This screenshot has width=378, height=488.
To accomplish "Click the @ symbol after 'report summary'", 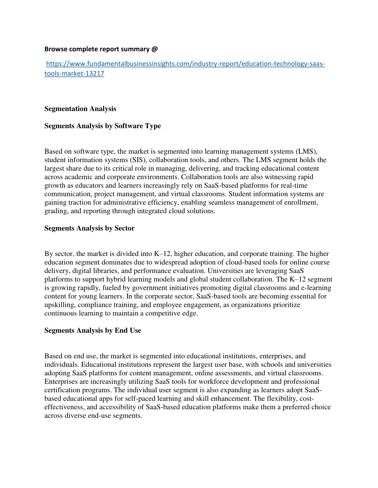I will [x=155, y=49].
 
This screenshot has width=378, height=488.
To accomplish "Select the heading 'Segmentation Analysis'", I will [x=80, y=109].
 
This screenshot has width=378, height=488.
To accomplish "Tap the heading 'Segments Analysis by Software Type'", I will [x=103, y=126].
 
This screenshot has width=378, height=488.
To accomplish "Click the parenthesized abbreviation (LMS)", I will [x=306, y=151].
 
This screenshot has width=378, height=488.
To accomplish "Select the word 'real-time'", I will [x=294, y=186].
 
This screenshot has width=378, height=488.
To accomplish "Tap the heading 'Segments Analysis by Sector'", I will [x=89, y=228].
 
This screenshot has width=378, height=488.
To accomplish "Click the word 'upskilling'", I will [x=59, y=305].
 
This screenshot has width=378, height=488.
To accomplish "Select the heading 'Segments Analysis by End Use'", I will [x=93, y=330].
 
